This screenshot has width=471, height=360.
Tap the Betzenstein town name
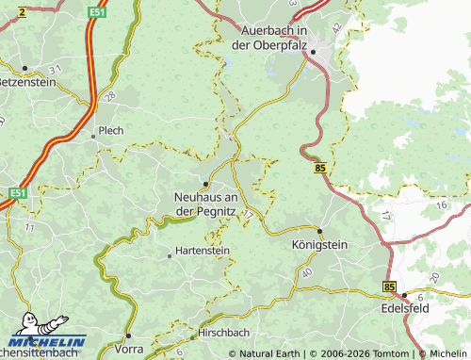coord(27,82)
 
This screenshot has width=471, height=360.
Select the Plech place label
coord(111,131)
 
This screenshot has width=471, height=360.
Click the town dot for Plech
coord(93,137)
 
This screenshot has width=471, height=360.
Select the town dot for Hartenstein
coord(170,254)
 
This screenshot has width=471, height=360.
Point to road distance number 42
coord(338,30)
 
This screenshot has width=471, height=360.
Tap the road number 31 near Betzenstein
coord(55,71)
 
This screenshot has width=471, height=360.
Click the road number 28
coord(110,96)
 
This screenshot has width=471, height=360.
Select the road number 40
coord(306,272)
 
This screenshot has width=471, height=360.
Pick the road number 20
coord(433,277)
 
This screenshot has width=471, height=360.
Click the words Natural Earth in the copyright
coord(270,353)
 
